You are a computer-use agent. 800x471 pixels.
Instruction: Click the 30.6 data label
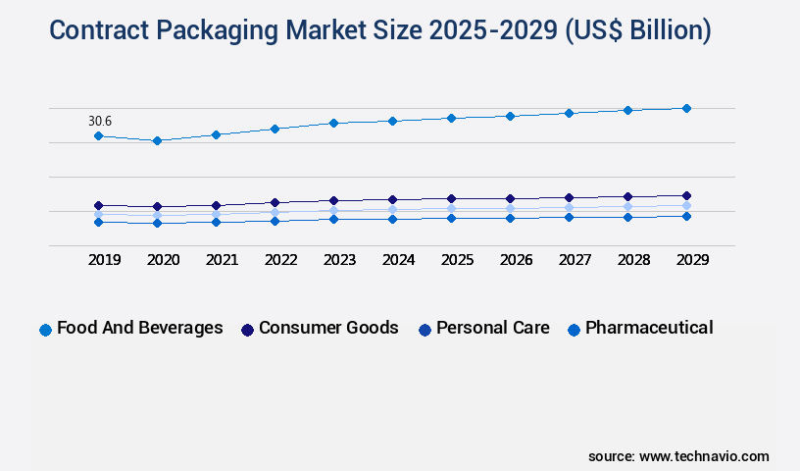coord(100,121)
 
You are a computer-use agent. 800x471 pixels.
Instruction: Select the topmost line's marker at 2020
coord(157,140)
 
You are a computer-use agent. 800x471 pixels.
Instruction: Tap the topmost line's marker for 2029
coord(686,108)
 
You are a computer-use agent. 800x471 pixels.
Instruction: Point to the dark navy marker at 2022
coord(275,202)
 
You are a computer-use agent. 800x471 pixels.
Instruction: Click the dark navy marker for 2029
coord(686,195)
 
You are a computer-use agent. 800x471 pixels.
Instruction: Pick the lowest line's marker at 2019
coord(98,222)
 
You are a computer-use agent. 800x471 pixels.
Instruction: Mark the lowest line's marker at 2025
coord(451,218)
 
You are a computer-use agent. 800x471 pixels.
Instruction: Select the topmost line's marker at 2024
coord(392,121)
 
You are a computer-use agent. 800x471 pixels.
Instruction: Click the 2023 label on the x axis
coord(339,260)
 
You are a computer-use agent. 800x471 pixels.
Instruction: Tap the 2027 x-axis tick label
coord(575,260)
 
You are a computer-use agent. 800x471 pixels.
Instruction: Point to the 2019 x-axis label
coord(104,260)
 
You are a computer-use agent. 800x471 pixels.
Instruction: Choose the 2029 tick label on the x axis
coord(692,260)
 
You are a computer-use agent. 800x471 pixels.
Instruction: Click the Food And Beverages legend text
coord(140,328)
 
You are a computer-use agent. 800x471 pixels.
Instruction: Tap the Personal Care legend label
coord(493,328)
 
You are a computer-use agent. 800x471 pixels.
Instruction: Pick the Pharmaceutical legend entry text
coord(649,328)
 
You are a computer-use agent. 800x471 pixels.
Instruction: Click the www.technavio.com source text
coord(704,456)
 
